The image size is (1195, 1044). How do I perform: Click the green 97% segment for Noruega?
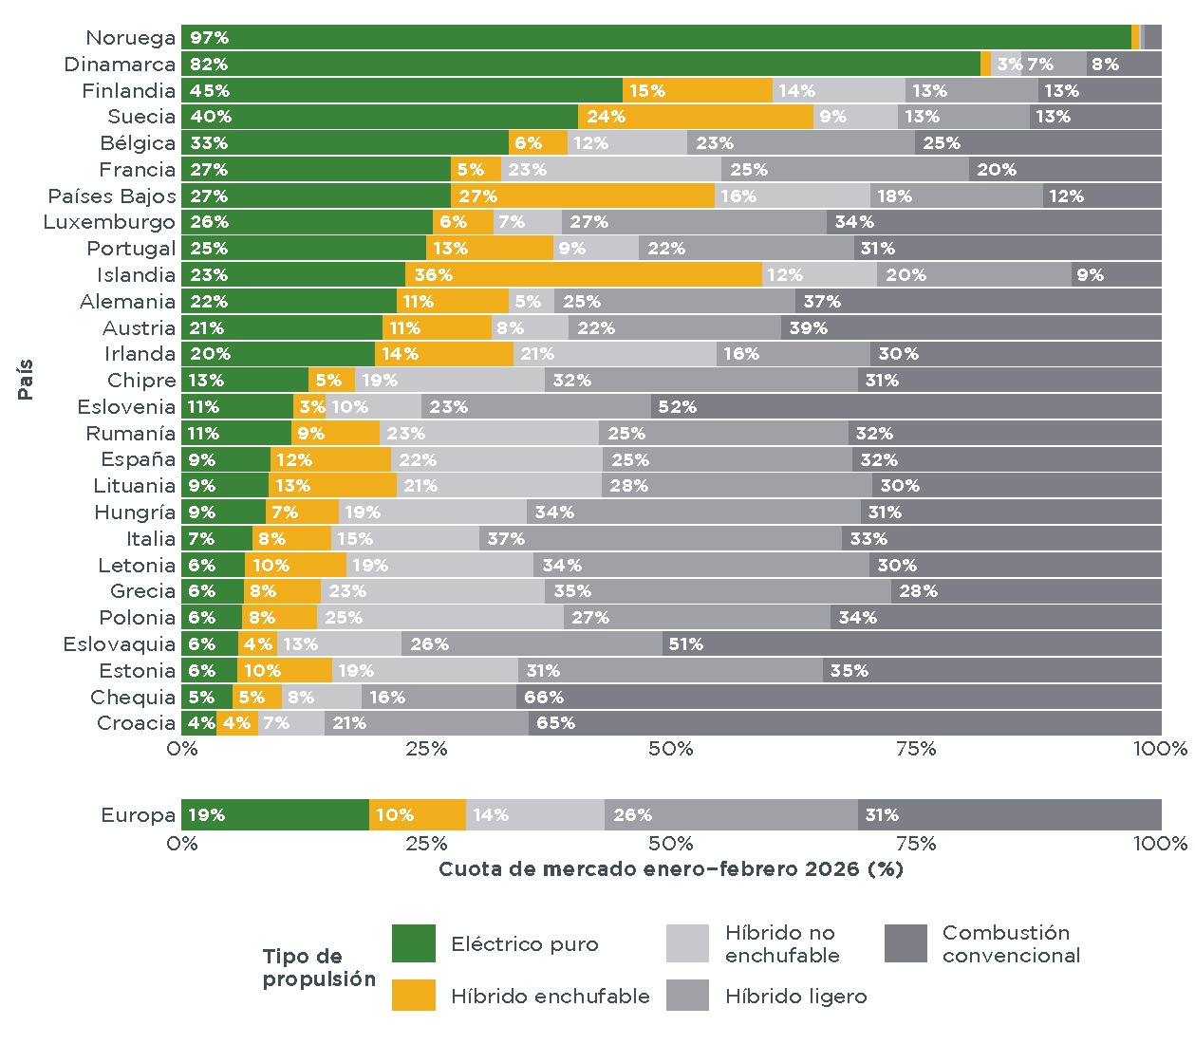click(x=655, y=38)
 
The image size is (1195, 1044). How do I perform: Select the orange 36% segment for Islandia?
click(x=583, y=275)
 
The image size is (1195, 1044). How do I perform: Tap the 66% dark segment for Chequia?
click(x=839, y=698)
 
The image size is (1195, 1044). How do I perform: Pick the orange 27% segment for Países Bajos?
click(x=583, y=196)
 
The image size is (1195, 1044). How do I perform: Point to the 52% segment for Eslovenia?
click(x=906, y=407)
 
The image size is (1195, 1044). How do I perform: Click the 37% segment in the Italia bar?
click(x=661, y=539)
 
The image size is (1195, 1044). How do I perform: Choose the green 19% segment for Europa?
click(x=275, y=815)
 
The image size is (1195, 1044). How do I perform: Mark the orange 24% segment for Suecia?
click(x=696, y=117)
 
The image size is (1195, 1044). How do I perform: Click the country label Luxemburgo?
click(x=109, y=222)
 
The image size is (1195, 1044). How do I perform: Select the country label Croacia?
click(x=136, y=723)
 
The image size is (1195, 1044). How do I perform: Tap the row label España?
click(x=138, y=459)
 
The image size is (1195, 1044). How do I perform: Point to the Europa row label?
click(x=138, y=815)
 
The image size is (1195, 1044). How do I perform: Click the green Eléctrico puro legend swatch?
click(x=414, y=944)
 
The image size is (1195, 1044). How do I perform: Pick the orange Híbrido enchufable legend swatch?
click(x=414, y=996)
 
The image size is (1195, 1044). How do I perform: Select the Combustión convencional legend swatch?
click(x=906, y=944)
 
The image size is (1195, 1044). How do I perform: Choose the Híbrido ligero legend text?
click(x=795, y=997)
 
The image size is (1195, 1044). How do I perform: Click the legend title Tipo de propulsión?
click(x=318, y=968)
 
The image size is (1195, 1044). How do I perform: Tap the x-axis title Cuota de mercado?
click(x=670, y=869)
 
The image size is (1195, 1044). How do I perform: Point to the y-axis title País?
click(x=26, y=380)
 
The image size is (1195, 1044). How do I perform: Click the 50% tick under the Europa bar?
click(x=670, y=844)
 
